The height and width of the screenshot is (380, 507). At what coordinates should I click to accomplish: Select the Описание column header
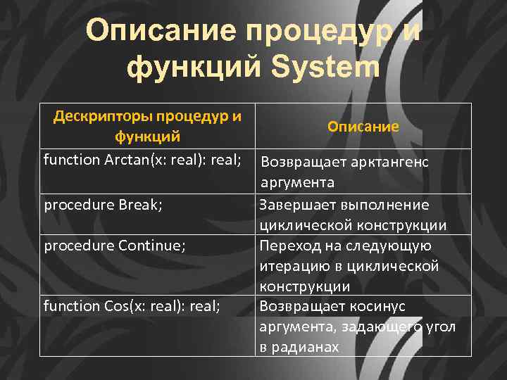pos(363,127)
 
